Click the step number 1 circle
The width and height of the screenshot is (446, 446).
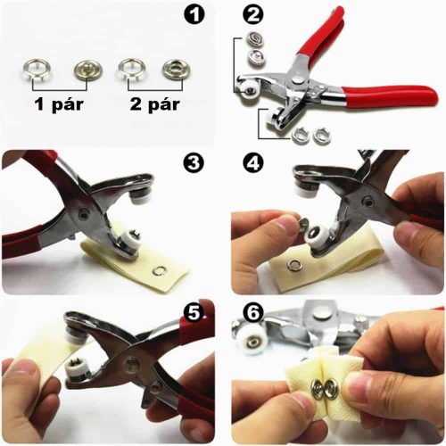[x=194, y=14]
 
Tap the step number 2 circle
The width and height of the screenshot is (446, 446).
[x=253, y=14]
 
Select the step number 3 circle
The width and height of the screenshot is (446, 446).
[x=194, y=163]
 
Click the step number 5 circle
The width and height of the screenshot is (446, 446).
[x=194, y=312]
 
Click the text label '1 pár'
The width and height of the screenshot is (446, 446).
[x=59, y=104]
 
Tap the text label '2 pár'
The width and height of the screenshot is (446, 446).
[x=155, y=104]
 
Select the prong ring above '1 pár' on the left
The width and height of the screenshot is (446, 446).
[x=35, y=71]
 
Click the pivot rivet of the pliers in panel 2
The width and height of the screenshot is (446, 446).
[x=297, y=80]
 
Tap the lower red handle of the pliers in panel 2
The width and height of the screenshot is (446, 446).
[x=390, y=97]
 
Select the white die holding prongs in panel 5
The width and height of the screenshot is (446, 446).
[x=75, y=368]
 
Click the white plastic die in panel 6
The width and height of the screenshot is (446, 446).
[x=251, y=342]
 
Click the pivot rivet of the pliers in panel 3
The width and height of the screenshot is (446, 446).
[x=83, y=215]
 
